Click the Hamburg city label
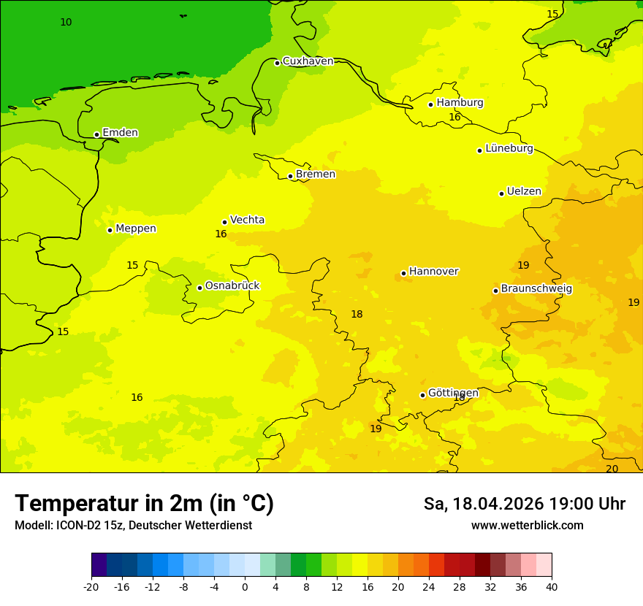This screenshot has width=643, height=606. [460, 103]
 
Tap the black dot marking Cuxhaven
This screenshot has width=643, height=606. [277, 63]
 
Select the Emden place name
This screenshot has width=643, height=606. [120, 133]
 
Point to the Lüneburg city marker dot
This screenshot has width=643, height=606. [479, 150]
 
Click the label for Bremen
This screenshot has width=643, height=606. [316, 174]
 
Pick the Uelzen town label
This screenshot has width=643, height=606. [524, 192]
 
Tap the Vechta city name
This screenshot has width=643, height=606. [247, 220]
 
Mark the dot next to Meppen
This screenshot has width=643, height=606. [110, 230]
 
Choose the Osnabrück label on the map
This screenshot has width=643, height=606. [232, 286]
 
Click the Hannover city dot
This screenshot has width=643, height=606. [403, 274]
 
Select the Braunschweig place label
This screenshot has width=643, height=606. [536, 289]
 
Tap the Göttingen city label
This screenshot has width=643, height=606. [453, 394]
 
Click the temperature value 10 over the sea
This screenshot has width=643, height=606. [66, 23]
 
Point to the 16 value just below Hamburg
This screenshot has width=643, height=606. [454, 118]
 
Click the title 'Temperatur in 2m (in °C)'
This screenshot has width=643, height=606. [144, 504]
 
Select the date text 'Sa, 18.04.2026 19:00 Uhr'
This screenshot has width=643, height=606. [524, 504]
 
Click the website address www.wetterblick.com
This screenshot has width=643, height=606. [527, 526]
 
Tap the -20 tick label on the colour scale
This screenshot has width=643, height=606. [91, 587]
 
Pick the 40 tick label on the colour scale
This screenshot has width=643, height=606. [552, 587]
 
